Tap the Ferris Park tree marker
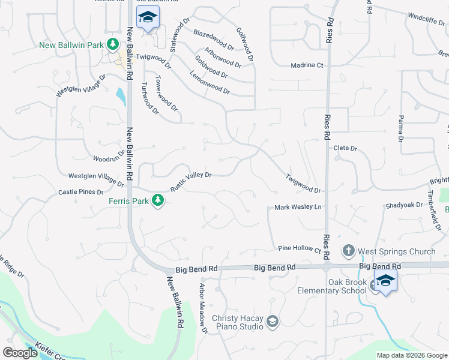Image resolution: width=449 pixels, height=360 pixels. click(158, 200)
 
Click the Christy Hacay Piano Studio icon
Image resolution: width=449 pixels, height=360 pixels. click(273, 322)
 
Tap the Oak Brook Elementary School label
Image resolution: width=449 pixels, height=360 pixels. click(331, 287)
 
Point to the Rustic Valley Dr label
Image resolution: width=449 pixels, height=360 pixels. click(191, 181)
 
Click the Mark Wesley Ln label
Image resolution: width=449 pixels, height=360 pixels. click(298, 208)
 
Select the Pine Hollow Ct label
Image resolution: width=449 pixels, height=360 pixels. click(300, 248)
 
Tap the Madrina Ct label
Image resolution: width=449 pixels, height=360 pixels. click(307, 65)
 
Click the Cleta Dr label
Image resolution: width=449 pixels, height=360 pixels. click(345, 148)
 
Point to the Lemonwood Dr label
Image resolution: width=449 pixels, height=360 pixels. click(210, 83)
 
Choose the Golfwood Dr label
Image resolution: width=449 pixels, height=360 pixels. click(246, 44)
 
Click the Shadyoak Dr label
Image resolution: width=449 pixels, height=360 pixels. click(403, 205)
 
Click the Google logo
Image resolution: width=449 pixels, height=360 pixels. click(21, 353)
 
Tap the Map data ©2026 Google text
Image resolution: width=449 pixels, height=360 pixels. click(411, 355)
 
